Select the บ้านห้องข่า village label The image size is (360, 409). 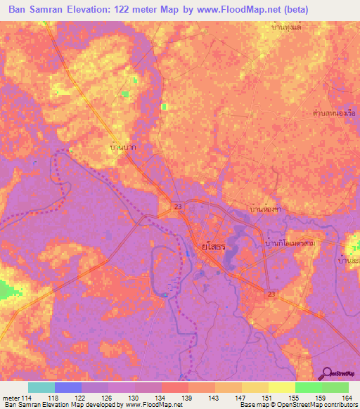[266, 209]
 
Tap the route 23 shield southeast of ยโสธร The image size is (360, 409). [271, 294]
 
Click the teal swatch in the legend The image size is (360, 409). [41, 387]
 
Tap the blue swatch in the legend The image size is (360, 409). [68, 387]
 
